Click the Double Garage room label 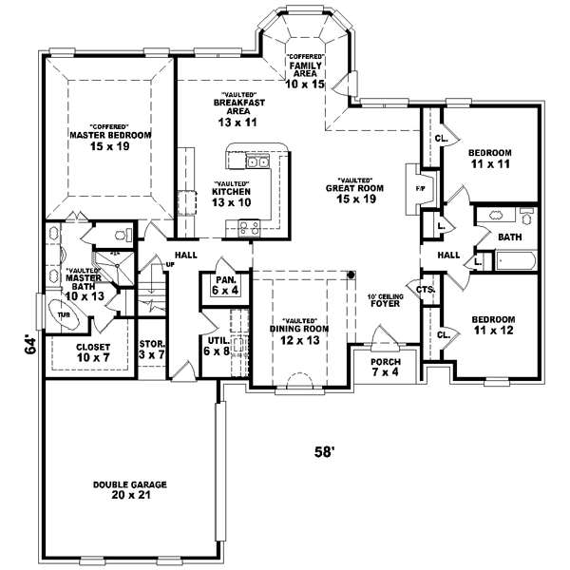coord(130,489)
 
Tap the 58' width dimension coord(326,452)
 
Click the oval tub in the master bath coord(65,315)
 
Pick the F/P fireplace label coord(420,186)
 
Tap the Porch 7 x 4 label coord(386,368)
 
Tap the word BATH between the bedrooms coord(509,237)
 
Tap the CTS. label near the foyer coord(425,288)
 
